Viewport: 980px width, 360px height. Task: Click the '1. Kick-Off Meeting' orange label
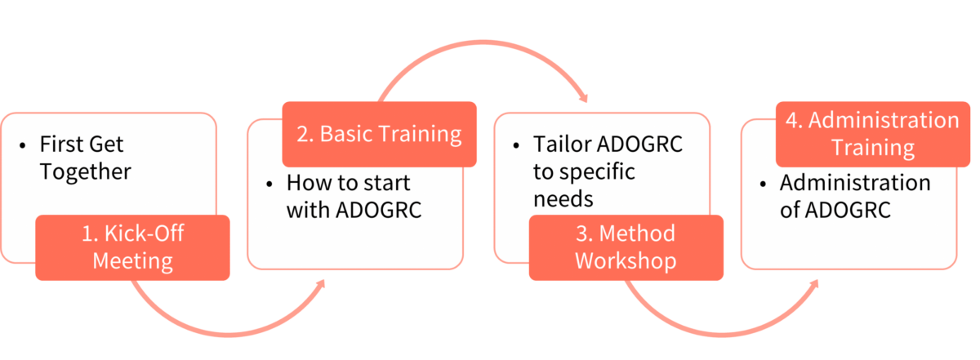coord(132,247)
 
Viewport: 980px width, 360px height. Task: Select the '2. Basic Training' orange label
coord(379,134)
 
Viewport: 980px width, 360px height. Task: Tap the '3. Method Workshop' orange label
coord(626,247)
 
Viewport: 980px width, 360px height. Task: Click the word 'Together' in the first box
coord(86,171)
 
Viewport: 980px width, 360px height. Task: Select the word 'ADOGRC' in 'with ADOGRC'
coord(379,210)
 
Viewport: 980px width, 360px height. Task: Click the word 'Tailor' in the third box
coord(562,144)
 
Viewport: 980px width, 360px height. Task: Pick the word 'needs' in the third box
coord(563,199)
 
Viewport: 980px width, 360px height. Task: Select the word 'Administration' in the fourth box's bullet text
coord(855,182)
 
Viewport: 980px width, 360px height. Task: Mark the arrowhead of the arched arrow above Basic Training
coord(583,100)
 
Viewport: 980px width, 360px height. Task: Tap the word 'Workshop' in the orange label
coord(626,261)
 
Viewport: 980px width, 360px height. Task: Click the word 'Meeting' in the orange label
coord(132,261)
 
